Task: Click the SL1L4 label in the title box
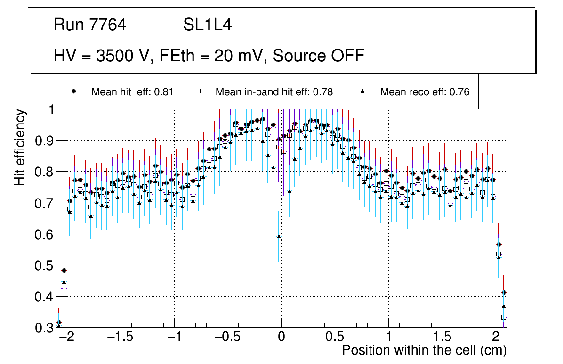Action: (207, 25)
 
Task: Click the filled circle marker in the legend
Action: (73, 91)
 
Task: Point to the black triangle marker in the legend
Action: (363, 91)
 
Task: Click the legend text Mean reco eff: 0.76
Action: (425, 92)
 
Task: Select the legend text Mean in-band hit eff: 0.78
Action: (274, 92)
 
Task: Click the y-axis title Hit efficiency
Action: (20, 147)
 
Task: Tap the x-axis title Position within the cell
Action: (424, 350)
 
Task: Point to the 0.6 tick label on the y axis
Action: (45, 234)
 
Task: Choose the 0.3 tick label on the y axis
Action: (45, 328)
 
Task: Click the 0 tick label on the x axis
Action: (281, 338)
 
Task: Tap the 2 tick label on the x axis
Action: (496, 338)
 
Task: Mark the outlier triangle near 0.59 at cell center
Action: (279, 236)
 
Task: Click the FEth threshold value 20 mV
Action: (240, 56)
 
